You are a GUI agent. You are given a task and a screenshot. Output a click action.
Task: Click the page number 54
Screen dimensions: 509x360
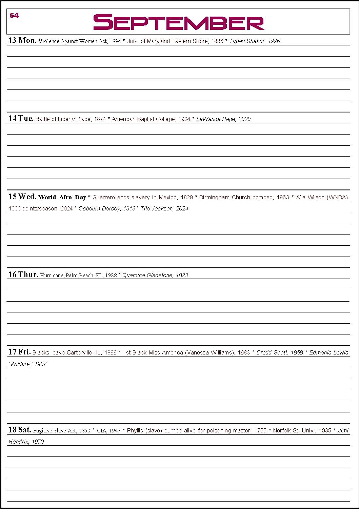pos(14,16)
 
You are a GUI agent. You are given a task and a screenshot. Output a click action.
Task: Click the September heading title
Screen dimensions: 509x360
pos(179,22)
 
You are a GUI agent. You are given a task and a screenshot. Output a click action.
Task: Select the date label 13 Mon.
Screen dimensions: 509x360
pos(22,41)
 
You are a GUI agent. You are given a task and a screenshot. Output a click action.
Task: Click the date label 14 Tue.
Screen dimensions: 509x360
pos(21,119)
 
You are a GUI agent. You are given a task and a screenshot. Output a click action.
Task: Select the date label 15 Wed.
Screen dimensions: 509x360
pos(22,197)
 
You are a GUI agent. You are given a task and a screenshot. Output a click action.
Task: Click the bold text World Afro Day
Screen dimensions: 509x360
pos(62,197)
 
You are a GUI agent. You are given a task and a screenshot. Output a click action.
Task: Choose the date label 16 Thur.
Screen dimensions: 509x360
pos(23,275)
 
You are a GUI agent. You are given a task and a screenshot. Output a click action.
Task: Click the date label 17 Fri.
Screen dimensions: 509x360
pos(19,352)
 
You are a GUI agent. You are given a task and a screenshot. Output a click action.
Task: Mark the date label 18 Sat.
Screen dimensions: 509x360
pos(20,430)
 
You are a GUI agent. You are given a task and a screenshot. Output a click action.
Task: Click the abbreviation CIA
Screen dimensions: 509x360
pos(102,431)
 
